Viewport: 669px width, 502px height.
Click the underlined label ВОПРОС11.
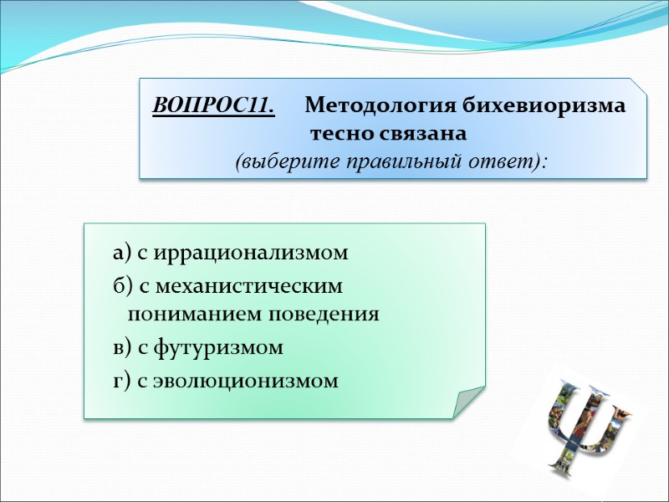point(214,107)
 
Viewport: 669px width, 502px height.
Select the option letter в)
point(122,347)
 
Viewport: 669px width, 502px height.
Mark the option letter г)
point(122,382)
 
